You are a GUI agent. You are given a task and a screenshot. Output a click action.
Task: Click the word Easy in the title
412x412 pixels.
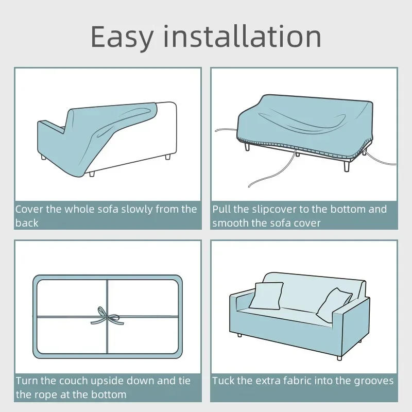pyautogui.click(x=122, y=37)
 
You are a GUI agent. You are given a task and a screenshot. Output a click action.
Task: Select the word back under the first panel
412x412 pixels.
pyautogui.click(x=27, y=222)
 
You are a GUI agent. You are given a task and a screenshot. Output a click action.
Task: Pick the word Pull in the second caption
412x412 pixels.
pyautogui.click(x=222, y=209)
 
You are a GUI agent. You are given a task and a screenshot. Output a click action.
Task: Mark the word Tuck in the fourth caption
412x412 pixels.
pyautogui.click(x=224, y=381)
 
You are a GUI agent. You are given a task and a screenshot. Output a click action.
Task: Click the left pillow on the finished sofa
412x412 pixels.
pyautogui.click(x=266, y=296)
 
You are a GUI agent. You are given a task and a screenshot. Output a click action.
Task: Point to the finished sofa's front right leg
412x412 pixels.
pyautogui.click(x=339, y=357)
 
